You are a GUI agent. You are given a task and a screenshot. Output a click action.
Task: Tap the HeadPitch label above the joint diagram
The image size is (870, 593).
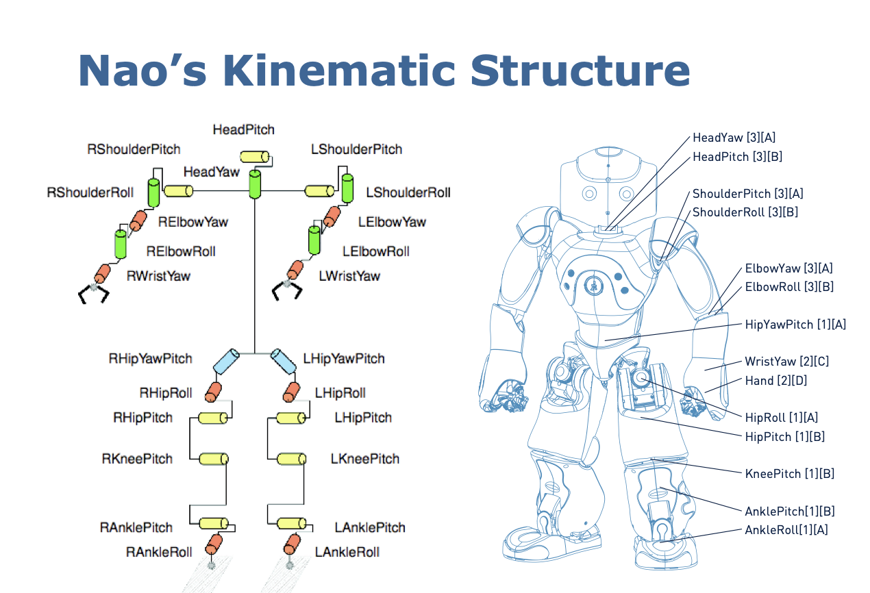[x=243, y=129]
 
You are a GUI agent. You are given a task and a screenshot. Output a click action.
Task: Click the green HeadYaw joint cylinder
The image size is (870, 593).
[x=254, y=185]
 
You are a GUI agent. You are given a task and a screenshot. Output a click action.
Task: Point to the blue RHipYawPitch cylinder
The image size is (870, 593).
[x=226, y=360]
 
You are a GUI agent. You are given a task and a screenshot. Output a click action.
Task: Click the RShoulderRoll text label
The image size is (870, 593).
[x=90, y=192]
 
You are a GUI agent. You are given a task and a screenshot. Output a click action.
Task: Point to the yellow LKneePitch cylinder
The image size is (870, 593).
[x=291, y=459]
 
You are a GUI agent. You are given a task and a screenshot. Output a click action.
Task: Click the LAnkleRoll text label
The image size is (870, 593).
[x=347, y=552]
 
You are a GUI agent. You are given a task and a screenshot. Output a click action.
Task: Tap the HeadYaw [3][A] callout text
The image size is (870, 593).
[x=734, y=138]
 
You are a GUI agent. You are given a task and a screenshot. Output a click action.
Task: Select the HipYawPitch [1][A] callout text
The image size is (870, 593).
[x=795, y=325]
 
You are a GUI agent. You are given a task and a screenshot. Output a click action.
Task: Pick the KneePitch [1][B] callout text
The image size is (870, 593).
[x=789, y=473]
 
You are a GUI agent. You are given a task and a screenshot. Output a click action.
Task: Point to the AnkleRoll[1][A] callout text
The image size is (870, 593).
[x=786, y=529]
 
